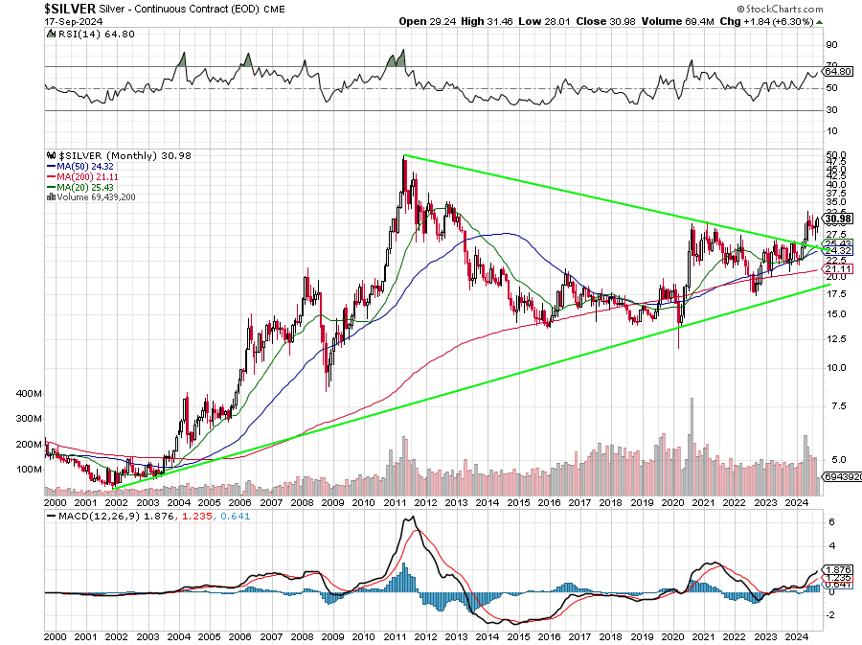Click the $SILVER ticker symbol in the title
(70, 8)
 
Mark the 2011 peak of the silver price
(404, 156)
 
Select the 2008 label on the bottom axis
(302, 634)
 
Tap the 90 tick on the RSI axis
(832, 44)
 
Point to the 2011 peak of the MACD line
(411, 518)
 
